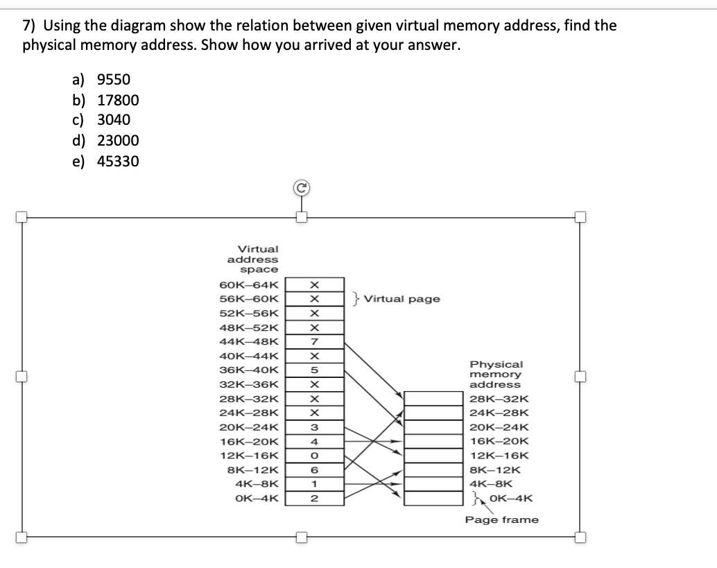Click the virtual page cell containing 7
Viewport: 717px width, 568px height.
point(314,341)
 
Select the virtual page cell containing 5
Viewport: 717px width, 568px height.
point(314,370)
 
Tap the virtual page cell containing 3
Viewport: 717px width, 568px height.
point(314,427)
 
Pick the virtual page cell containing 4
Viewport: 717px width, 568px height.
point(314,441)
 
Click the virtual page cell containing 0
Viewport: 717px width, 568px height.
point(314,456)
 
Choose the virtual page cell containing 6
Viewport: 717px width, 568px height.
point(314,470)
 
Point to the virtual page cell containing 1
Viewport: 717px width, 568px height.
point(314,484)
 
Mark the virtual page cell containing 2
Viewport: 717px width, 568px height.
point(314,499)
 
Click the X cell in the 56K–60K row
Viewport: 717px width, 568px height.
point(314,299)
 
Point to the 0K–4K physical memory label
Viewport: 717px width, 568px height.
point(510,497)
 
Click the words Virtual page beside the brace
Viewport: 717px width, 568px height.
point(401,300)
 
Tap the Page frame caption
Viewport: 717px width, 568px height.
point(501,520)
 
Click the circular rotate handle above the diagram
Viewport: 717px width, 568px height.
point(301,187)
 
